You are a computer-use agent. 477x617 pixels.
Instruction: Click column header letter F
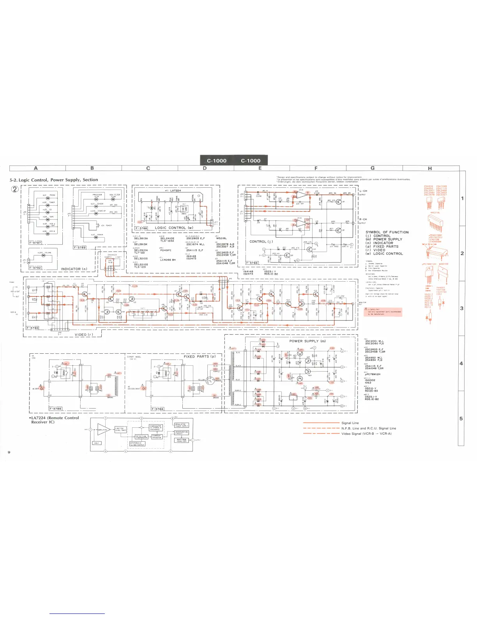tap(316, 168)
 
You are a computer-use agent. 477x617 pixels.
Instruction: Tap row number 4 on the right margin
tap(461, 363)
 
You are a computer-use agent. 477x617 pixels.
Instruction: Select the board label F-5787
tap(35, 242)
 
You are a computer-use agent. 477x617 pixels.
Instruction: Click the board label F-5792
tap(35, 268)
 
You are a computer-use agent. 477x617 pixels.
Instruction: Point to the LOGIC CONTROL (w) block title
tap(174, 228)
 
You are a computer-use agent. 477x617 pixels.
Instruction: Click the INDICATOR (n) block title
tap(74, 269)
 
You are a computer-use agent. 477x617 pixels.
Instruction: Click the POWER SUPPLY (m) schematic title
tap(307, 341)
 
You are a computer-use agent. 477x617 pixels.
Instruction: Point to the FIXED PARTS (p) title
tap(200, 356)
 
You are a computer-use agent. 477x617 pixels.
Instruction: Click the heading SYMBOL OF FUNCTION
tap(387, 232)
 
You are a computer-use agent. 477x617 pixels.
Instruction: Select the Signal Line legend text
tap(350, 423)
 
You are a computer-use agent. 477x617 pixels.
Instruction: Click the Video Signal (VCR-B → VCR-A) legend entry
tap(366, 434)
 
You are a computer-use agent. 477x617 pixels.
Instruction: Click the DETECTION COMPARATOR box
tap(141, 437)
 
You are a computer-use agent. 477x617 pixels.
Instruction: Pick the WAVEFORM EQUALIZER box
tap(182, 441)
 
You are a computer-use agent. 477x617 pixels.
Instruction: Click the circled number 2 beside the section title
tap(15, 189)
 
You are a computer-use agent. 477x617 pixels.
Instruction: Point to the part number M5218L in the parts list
tap(221, 238)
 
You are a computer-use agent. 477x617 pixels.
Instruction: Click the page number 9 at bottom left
tap(9, 452)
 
